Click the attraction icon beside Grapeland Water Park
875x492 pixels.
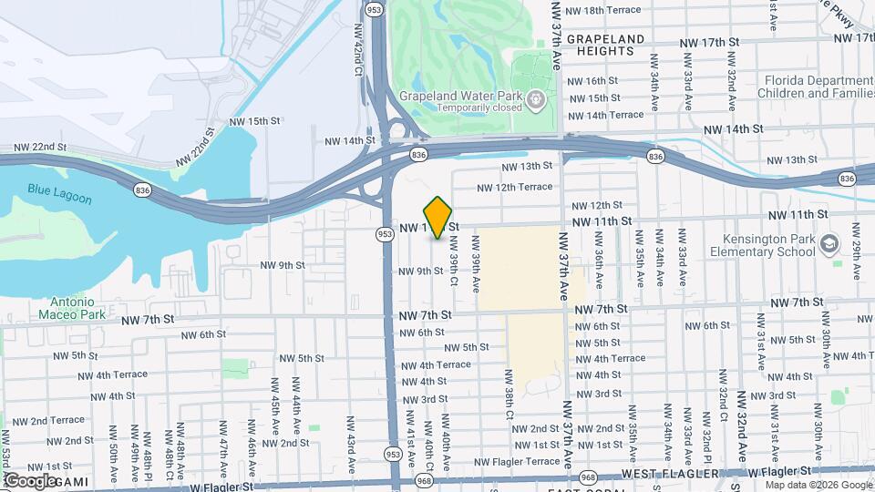[x=536, y=97]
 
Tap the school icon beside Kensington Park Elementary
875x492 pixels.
[x=829, y=243]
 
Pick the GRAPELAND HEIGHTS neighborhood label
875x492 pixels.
[x=619, y=46]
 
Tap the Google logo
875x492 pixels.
[x=31, y=480]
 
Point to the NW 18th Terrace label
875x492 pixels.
[x=603, y=10]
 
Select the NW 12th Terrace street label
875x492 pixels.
[x=515, y=187]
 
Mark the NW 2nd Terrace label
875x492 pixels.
[x=43, y=420]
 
